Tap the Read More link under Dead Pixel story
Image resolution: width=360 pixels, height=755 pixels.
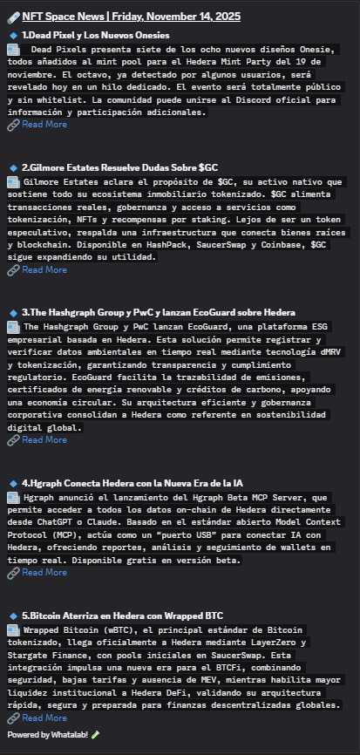pyautogui.click(x=44, y=125)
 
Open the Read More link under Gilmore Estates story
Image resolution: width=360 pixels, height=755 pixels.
pyautogui.click(x=44, y=270)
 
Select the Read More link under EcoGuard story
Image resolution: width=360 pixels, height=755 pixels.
pyautogui.click(x=44, y=440)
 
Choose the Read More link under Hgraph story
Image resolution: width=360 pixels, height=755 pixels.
pyautogui.click(x=44, y=573)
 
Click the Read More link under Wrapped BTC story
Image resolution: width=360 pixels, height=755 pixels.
pyautogui.click(x=44, y=718)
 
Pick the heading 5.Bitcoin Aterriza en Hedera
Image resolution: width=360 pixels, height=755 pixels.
pyautogui.click(x=123, y=616)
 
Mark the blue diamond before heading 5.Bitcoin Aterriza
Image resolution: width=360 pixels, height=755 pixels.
pyautogui.click(x=13, y=616)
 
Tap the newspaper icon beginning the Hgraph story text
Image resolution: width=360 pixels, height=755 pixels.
pyautogui.click(x=14, y=497)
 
